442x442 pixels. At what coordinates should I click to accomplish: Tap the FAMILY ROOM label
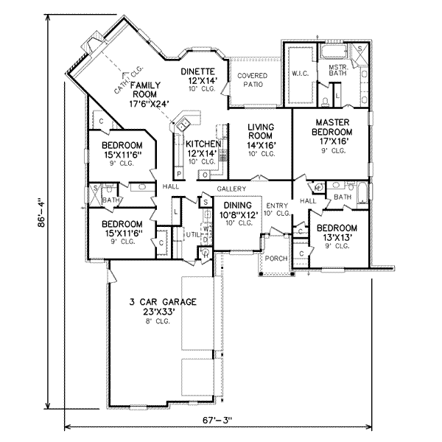pyautogui.click(x=146, y=90)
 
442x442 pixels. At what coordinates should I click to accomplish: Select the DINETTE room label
pyautogui.click(x=200, y=71)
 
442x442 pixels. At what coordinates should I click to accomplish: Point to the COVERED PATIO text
pyautogui.click(x=252, y=80)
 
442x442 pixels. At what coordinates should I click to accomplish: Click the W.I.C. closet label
pyautogui.click(x=301, y=74)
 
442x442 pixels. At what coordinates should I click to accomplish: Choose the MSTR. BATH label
pyautogui.click(x=338, y=71)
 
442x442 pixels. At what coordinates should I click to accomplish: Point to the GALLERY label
pyautogui.click(x=231, y=189)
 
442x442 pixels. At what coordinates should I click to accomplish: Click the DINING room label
pyautogui.click(x=238, y=206)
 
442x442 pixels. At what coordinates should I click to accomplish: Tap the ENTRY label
pyautogui.click(x=278, y=206)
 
